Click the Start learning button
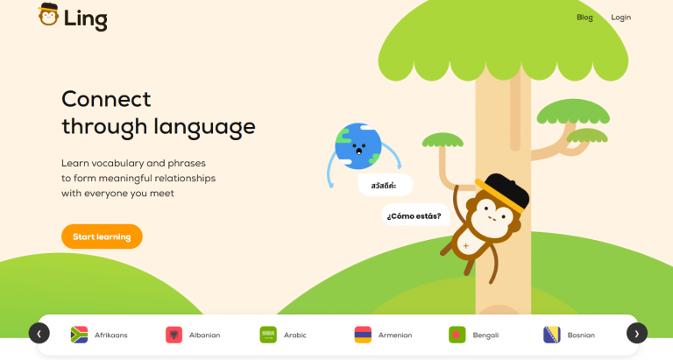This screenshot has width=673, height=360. (x=102, y=236)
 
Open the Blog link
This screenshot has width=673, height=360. (x=584, y=18)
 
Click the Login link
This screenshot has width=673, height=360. (x=620, y=18)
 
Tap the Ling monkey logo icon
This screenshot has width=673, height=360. (x=49, y=16)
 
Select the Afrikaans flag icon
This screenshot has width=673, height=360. (x=79, y=335)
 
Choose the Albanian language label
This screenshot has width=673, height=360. (x=204, y=335)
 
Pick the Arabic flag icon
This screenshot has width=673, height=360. (x=268, y=335)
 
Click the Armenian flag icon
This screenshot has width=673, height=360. (x=363, y=335)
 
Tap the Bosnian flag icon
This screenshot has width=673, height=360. (x=552, y=335)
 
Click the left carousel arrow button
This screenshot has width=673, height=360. (x=39, y=333)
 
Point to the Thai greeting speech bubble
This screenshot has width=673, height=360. (x=385, y=186)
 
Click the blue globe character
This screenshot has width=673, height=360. (x=358, y=145)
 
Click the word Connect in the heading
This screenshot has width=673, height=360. (x=106, y=98)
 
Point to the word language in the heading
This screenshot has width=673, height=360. (x=204, y=127)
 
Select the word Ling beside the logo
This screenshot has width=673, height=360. (x=86, y=18)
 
